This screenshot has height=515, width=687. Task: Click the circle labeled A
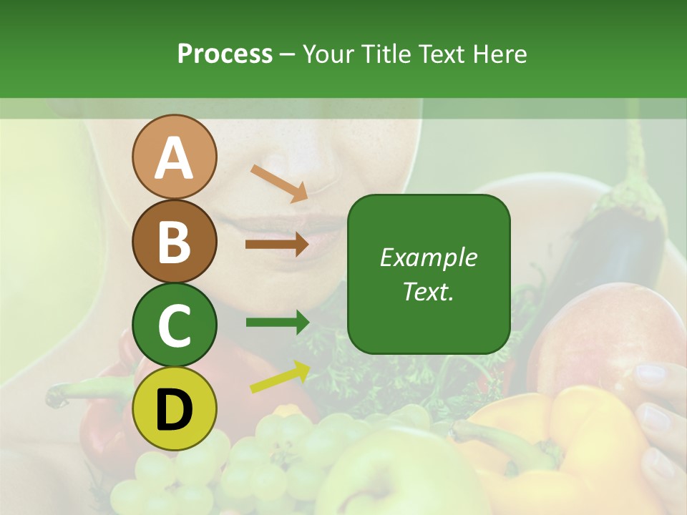click(x=174, y=157)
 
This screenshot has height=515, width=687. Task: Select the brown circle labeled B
click(x=174, y=241)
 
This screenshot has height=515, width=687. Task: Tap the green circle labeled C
click(x=174, y=325)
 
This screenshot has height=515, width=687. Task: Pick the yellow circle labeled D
click(x=174, y=408)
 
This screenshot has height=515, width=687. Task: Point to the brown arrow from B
click(x=277, y=244)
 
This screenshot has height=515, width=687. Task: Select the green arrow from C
click(x=277, y=323)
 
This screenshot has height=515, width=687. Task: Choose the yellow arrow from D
click(x=280, y=377)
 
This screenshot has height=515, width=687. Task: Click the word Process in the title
click(x=225, y=54)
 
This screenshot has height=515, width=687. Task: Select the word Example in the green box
click(x=429, y=257)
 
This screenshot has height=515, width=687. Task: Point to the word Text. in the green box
click(x=429, y=291)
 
